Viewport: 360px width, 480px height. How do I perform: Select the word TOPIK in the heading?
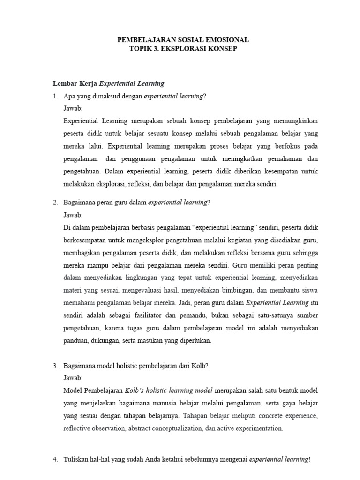pos(142,49)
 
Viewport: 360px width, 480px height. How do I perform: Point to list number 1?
pos(55,96)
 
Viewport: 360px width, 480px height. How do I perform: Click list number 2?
pos(55,202)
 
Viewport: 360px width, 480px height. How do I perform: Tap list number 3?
pos(55,366)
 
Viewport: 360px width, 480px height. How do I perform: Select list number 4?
pos(55,460)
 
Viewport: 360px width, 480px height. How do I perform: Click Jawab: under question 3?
pos(72,378)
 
